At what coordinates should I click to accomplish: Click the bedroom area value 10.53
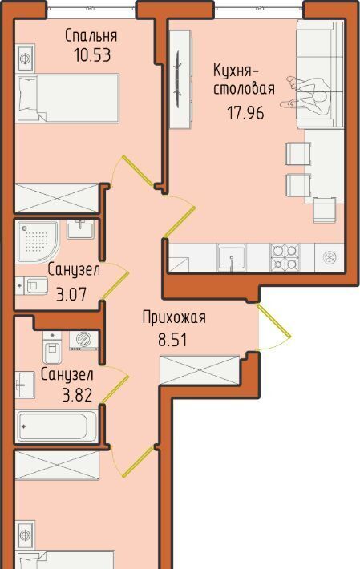point(92,55)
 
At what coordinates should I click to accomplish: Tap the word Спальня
point(91,35)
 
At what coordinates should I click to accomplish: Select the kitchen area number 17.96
point(245,112)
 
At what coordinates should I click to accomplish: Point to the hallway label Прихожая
point(174,317)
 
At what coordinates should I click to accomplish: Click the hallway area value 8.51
point(172,340)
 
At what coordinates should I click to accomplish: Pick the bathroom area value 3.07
point(72,294)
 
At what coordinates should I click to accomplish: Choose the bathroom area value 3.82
point(77,395)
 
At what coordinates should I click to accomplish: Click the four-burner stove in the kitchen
point(285,257)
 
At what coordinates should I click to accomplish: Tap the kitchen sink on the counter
point(232,258)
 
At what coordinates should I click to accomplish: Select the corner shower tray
point(37,241)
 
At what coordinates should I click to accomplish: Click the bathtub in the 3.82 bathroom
point(57,426)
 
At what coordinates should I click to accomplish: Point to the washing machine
point(83,341)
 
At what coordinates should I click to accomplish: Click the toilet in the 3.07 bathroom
point(32,286)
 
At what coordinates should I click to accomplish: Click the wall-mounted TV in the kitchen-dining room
point(178,79)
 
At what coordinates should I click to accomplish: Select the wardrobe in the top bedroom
point(57,198)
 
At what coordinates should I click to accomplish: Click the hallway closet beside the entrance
point(200,370)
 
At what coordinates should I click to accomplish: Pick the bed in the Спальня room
point(68,98)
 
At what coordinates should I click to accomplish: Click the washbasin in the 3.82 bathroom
point(25,385)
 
